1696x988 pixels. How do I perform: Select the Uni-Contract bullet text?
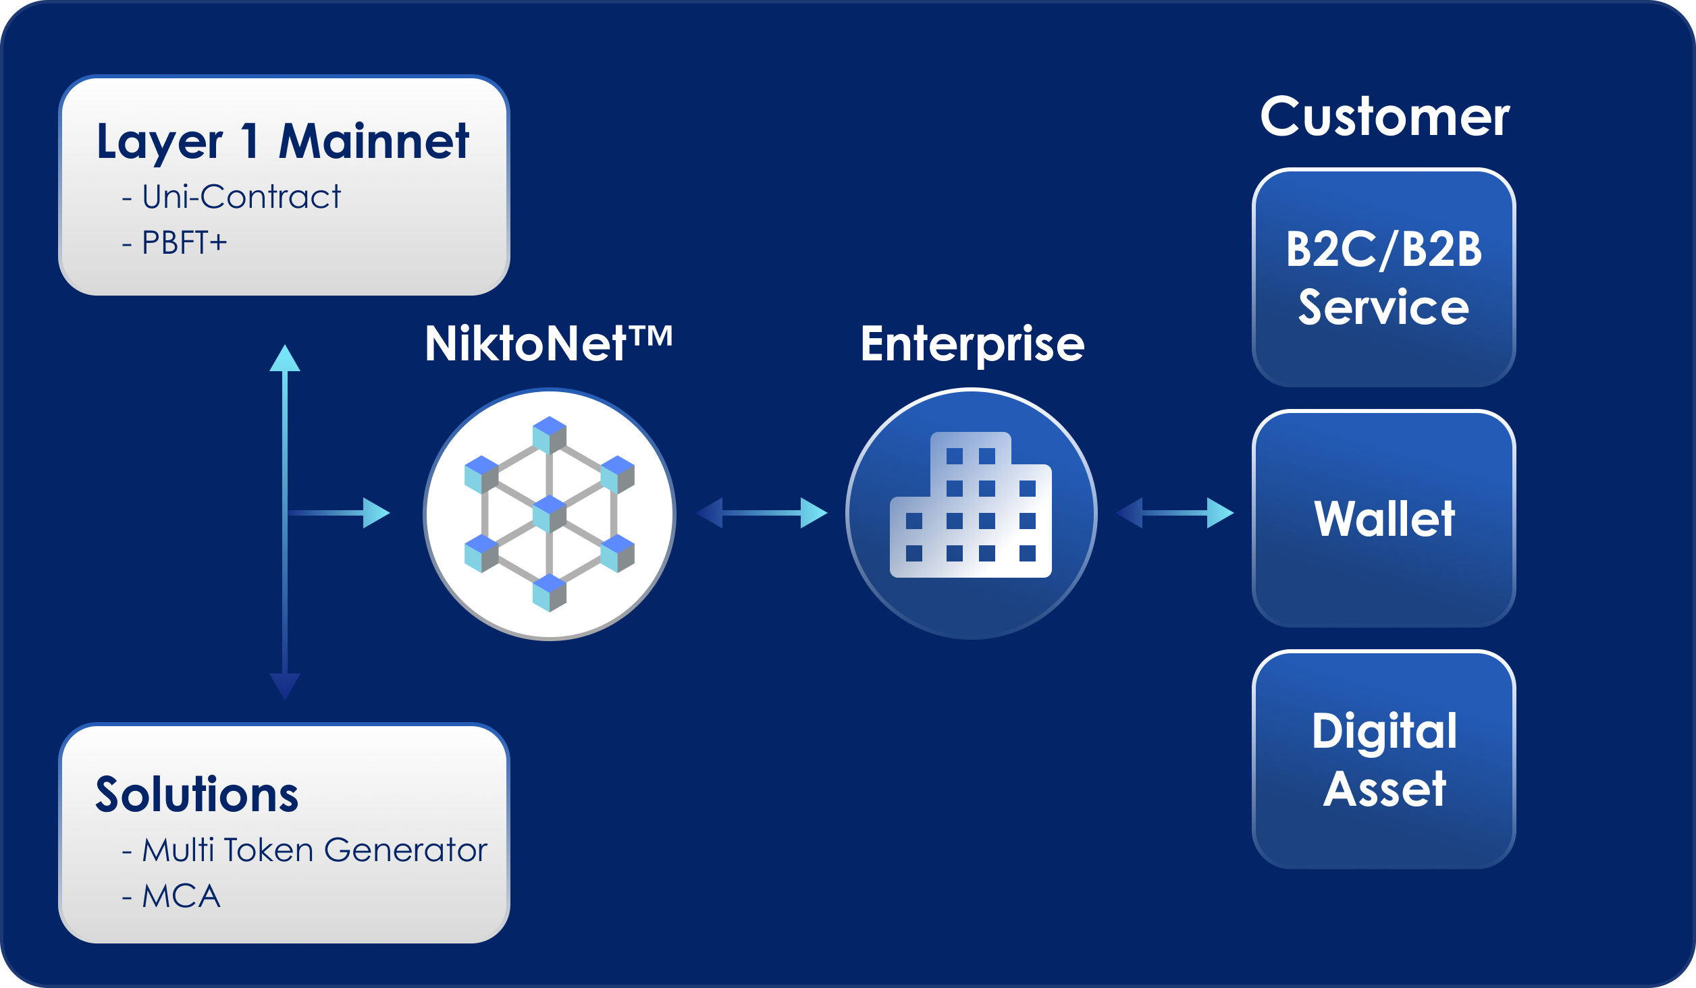[241, 197]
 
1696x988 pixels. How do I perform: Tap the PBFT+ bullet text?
[184, 243]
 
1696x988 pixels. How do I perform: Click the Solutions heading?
[196, 794]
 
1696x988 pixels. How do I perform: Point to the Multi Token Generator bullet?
[314, 850]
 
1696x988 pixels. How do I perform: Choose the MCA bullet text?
[181, 897]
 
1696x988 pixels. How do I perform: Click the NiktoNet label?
[548, 344]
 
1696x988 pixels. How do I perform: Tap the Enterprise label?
[972, 344]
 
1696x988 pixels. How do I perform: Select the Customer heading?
[1384, 117]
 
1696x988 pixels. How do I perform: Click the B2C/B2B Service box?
[1384, 278]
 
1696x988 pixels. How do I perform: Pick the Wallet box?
[1384, 518]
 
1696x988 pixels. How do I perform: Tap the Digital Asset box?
[1384, 760]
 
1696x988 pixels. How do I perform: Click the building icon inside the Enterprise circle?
[971, 506]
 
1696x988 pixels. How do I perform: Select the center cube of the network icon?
[550, 514]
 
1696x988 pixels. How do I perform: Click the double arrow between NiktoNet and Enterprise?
[762, 513]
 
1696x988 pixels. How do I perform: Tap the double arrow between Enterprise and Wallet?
[1175, 513]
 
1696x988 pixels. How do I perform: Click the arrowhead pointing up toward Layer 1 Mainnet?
[285, 359]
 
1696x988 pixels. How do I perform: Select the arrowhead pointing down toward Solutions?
[285, 686]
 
